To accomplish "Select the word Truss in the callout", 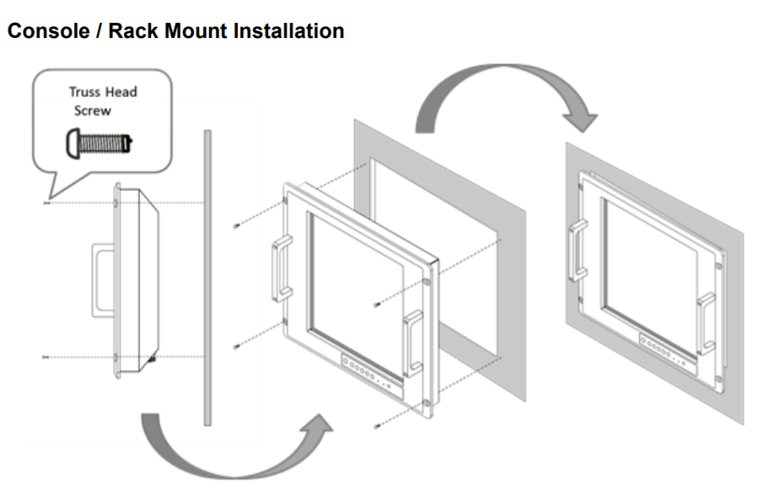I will pyautogui.click(x=86, y=92).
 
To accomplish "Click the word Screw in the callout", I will pyautogui.click(x=92, y=110).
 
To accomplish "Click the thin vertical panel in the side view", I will pyautogui.click(x=205, y=278).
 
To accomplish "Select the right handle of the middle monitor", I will pyautogui.click(x=413, y=342).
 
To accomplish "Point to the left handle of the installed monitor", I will pyautogui.click(x=578, y=248).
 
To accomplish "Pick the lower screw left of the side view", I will pyautogui.click(x=46, y=358).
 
